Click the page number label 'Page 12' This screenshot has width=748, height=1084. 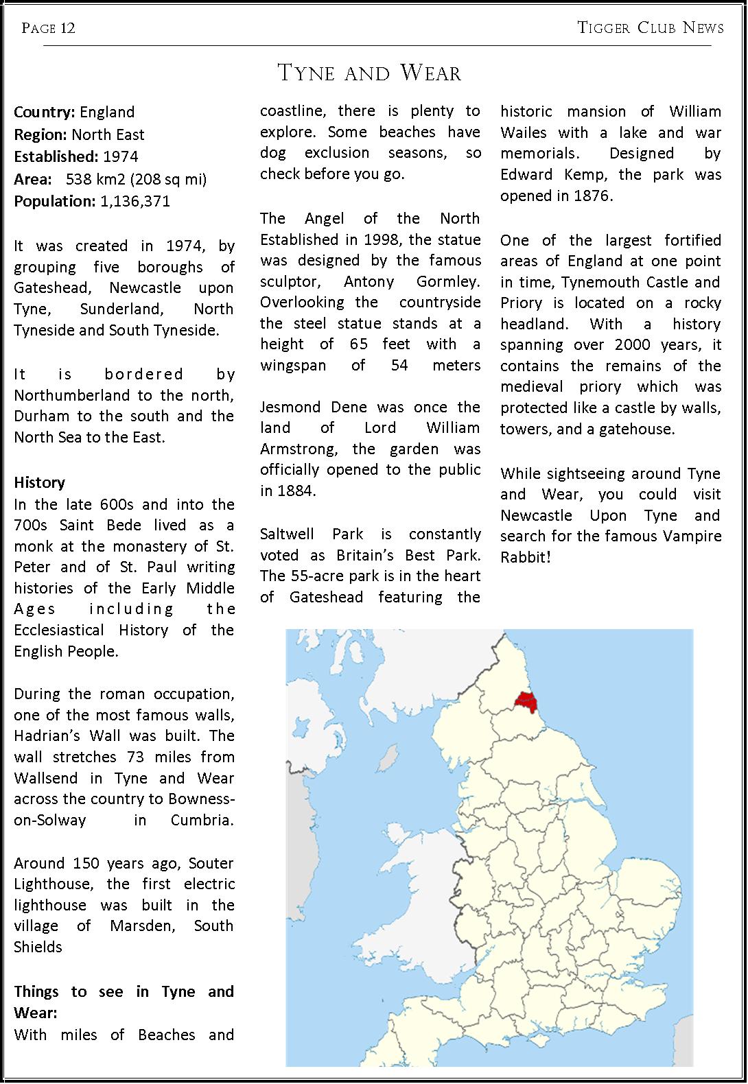(x=48, y=28)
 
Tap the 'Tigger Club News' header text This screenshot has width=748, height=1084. (x=650, y=28)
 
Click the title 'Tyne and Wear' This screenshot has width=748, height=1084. (x=369, y=73)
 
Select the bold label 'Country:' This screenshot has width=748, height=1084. (x=45, y=112)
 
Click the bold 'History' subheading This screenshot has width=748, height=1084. (x=40, y=482)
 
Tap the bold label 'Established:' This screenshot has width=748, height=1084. (x=56, y=156)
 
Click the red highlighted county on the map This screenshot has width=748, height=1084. (x=526, y=702)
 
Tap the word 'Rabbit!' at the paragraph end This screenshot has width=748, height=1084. (x=525, y=556)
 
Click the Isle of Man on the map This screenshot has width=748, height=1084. (x=391, y=758)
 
